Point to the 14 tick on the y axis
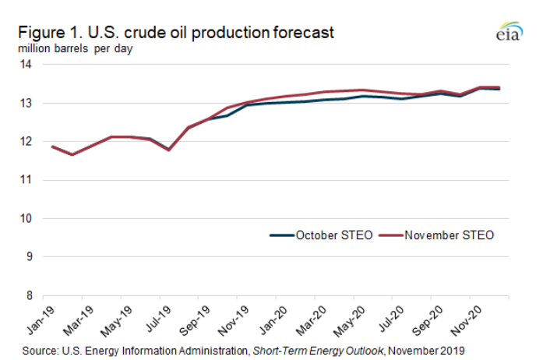pos(26,65)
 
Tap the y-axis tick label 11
pos(26,180)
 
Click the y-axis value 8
pos(28,295)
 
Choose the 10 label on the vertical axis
pos(26,218)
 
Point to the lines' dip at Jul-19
pos(168,150)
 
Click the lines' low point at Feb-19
pos(72,154)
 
